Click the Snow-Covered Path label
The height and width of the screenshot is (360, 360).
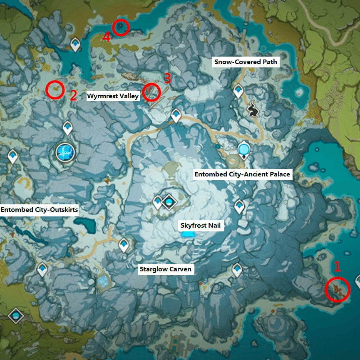[x=246, y=62]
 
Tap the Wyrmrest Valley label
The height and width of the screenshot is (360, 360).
[x=112, y=96]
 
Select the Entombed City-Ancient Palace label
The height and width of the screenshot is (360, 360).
[x=242, y=174]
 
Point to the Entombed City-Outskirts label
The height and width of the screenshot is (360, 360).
[x=39, y=209]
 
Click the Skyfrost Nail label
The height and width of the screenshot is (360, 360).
[x=200, y=226]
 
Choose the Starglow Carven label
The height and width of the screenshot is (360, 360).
[x=166, y=269]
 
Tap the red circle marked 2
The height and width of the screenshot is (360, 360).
[x=55, y=89]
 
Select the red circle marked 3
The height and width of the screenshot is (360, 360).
[x=151, y=92]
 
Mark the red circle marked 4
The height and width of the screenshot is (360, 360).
[x=121, y=27]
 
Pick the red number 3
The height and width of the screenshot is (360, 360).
[x=167, y=78]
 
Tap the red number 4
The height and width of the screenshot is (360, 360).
[x=106, y=37]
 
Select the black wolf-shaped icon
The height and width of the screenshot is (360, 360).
[x=252, y=110]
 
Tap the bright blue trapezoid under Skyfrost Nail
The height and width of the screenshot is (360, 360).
[x=188, y=236]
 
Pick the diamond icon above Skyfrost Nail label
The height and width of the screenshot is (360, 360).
[x=169, y=202]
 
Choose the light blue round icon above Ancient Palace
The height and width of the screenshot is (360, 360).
[x=244, y=148]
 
